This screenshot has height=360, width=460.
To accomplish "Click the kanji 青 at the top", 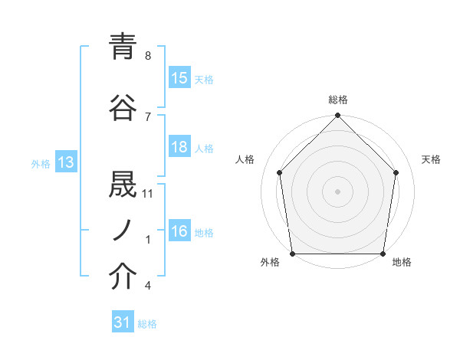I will click(123, 48).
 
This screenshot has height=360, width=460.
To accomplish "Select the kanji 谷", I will click(123, 107).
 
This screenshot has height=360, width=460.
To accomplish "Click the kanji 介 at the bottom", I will click(123, 277).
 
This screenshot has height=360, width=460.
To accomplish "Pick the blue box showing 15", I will click(179, 78).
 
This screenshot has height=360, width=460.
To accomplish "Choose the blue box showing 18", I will click(179, 147).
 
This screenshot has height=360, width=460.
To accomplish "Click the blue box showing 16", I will click(179, 231).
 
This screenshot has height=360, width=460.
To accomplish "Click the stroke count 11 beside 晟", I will click(148, 194).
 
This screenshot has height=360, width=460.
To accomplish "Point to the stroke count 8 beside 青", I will click(147, 56).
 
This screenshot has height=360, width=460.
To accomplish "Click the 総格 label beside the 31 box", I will click(147, 324).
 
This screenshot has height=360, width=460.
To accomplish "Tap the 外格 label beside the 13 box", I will click(41, 163).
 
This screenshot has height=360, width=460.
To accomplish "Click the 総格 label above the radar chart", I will click(338, 100).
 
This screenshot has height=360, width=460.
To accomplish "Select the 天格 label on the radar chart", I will click(432, 159).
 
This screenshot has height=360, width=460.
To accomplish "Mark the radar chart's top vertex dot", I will click(337, 116).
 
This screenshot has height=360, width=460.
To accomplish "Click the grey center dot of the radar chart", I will click(337, 191).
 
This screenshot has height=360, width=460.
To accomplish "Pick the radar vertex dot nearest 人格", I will click(280, 172).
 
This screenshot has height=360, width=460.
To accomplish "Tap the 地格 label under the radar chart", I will click(402, 263).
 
